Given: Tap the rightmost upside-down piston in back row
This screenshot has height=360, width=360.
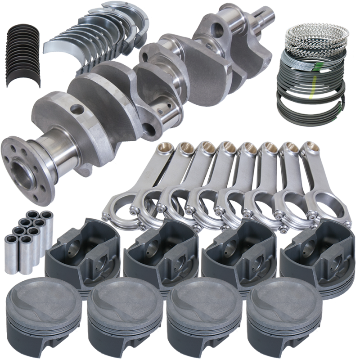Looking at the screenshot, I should point(317,254).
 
